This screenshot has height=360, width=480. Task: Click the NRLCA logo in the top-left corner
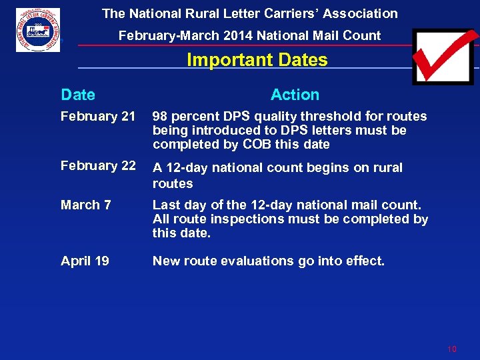click(x=38, y=30)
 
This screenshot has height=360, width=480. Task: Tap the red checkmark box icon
click(x=442, y=56)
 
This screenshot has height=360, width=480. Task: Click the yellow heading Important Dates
click(x=257, y=60)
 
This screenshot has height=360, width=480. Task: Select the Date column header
click(x=78, y=95)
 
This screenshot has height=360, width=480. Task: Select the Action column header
click(x=295, y=95)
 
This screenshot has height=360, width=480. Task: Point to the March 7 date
click(x=86, y=205)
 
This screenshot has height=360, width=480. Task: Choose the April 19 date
click(x=85, y=261)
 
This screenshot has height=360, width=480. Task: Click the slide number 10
click(x=451, y=349)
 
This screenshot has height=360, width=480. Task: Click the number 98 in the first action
click(x=161, y=117)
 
